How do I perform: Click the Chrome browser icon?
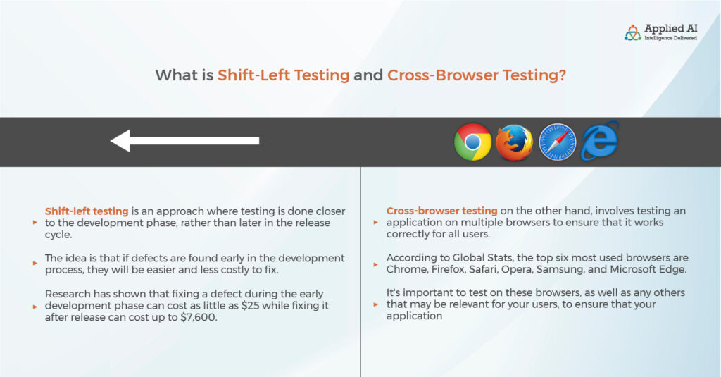472,142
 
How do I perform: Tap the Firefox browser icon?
514,142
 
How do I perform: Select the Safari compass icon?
557,142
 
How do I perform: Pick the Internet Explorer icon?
600,141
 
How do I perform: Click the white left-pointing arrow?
185,141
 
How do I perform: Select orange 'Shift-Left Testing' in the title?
283,75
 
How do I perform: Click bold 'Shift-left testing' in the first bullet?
87,211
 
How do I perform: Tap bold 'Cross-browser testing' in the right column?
441,211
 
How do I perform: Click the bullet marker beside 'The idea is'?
35,264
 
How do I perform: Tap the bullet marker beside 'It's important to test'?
376,304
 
